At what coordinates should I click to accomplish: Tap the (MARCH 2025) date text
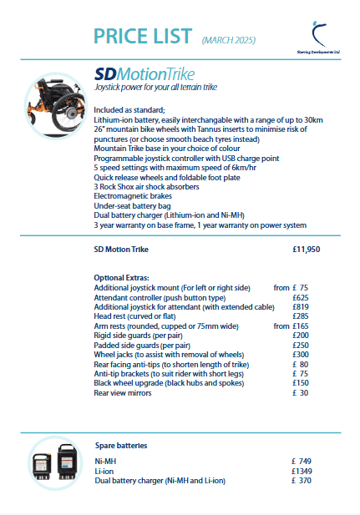(228, 39)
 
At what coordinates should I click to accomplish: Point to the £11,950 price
(307, 249)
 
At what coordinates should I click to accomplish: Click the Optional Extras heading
(122, 277)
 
